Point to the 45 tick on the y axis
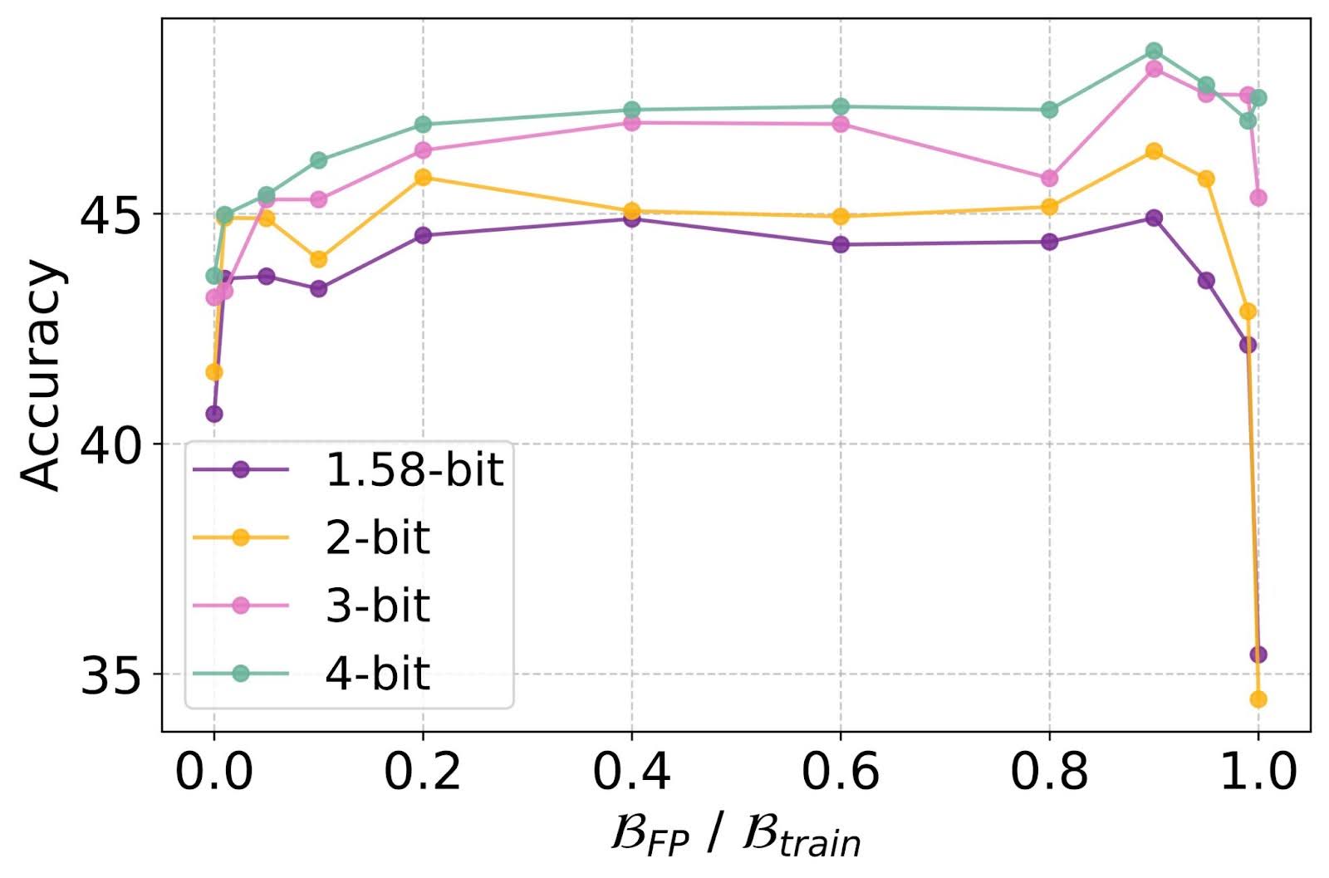[x=111, y=214]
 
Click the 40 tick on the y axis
[x=111, y=444]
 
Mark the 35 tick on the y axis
[x=111, y=674]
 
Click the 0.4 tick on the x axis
[x=631, y=772]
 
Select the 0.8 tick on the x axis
[x=1049, y=772]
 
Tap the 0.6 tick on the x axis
[x=841, y=772]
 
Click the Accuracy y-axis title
[x=42, y=375]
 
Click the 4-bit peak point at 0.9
[x=1154, y=51]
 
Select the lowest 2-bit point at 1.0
[x=1258, y=699]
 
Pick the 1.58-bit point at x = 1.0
[x=1258, y=655]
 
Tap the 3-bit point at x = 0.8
[x=1049, y=178]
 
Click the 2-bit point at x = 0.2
[x=423, y=177]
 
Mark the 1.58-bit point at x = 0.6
[x=841, y=244]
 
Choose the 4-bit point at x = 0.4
[x=631, y=110]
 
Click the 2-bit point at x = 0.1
[x=318, y=259]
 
